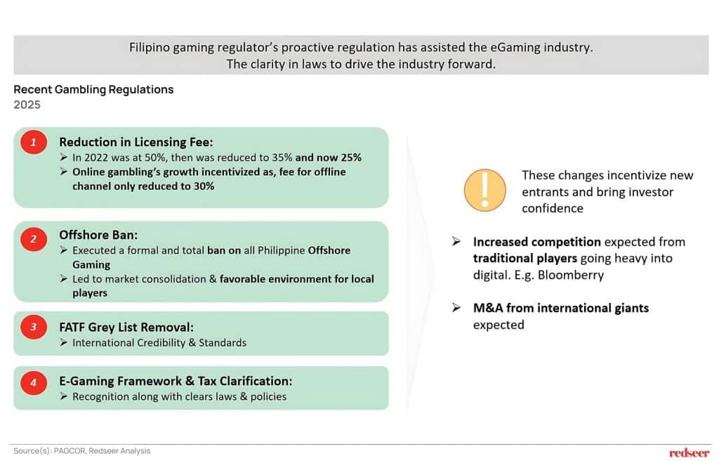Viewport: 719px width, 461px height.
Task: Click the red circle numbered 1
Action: pos(34,143)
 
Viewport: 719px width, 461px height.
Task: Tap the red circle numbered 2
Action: pos(34,239)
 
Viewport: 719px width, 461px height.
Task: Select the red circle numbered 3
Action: pos(34,327)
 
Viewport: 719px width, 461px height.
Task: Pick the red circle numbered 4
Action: pos(34,382)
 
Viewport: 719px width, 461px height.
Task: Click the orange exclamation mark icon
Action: pos(484,190)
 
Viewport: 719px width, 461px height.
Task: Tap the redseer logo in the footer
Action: pos(690,453)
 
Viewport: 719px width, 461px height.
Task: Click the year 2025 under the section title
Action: pos(27,105)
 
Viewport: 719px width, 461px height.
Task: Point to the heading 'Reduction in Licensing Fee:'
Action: pos(136,143)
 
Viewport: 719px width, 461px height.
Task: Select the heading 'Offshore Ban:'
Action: pos(98,235)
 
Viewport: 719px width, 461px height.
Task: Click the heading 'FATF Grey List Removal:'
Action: pos(126,327)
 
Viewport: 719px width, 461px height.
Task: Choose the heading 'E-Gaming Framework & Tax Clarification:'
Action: pos(176,381)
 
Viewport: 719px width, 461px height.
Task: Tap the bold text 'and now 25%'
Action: pos(329,157)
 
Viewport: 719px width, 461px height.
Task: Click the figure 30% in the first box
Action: pos(204,186)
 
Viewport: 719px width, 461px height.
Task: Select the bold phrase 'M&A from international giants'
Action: pos(561,308)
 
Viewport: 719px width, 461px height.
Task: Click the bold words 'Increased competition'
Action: pos(537,242)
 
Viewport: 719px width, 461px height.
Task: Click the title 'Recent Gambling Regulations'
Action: pos(93,89)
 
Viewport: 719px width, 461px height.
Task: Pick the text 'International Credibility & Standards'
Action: pos(159,343)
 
